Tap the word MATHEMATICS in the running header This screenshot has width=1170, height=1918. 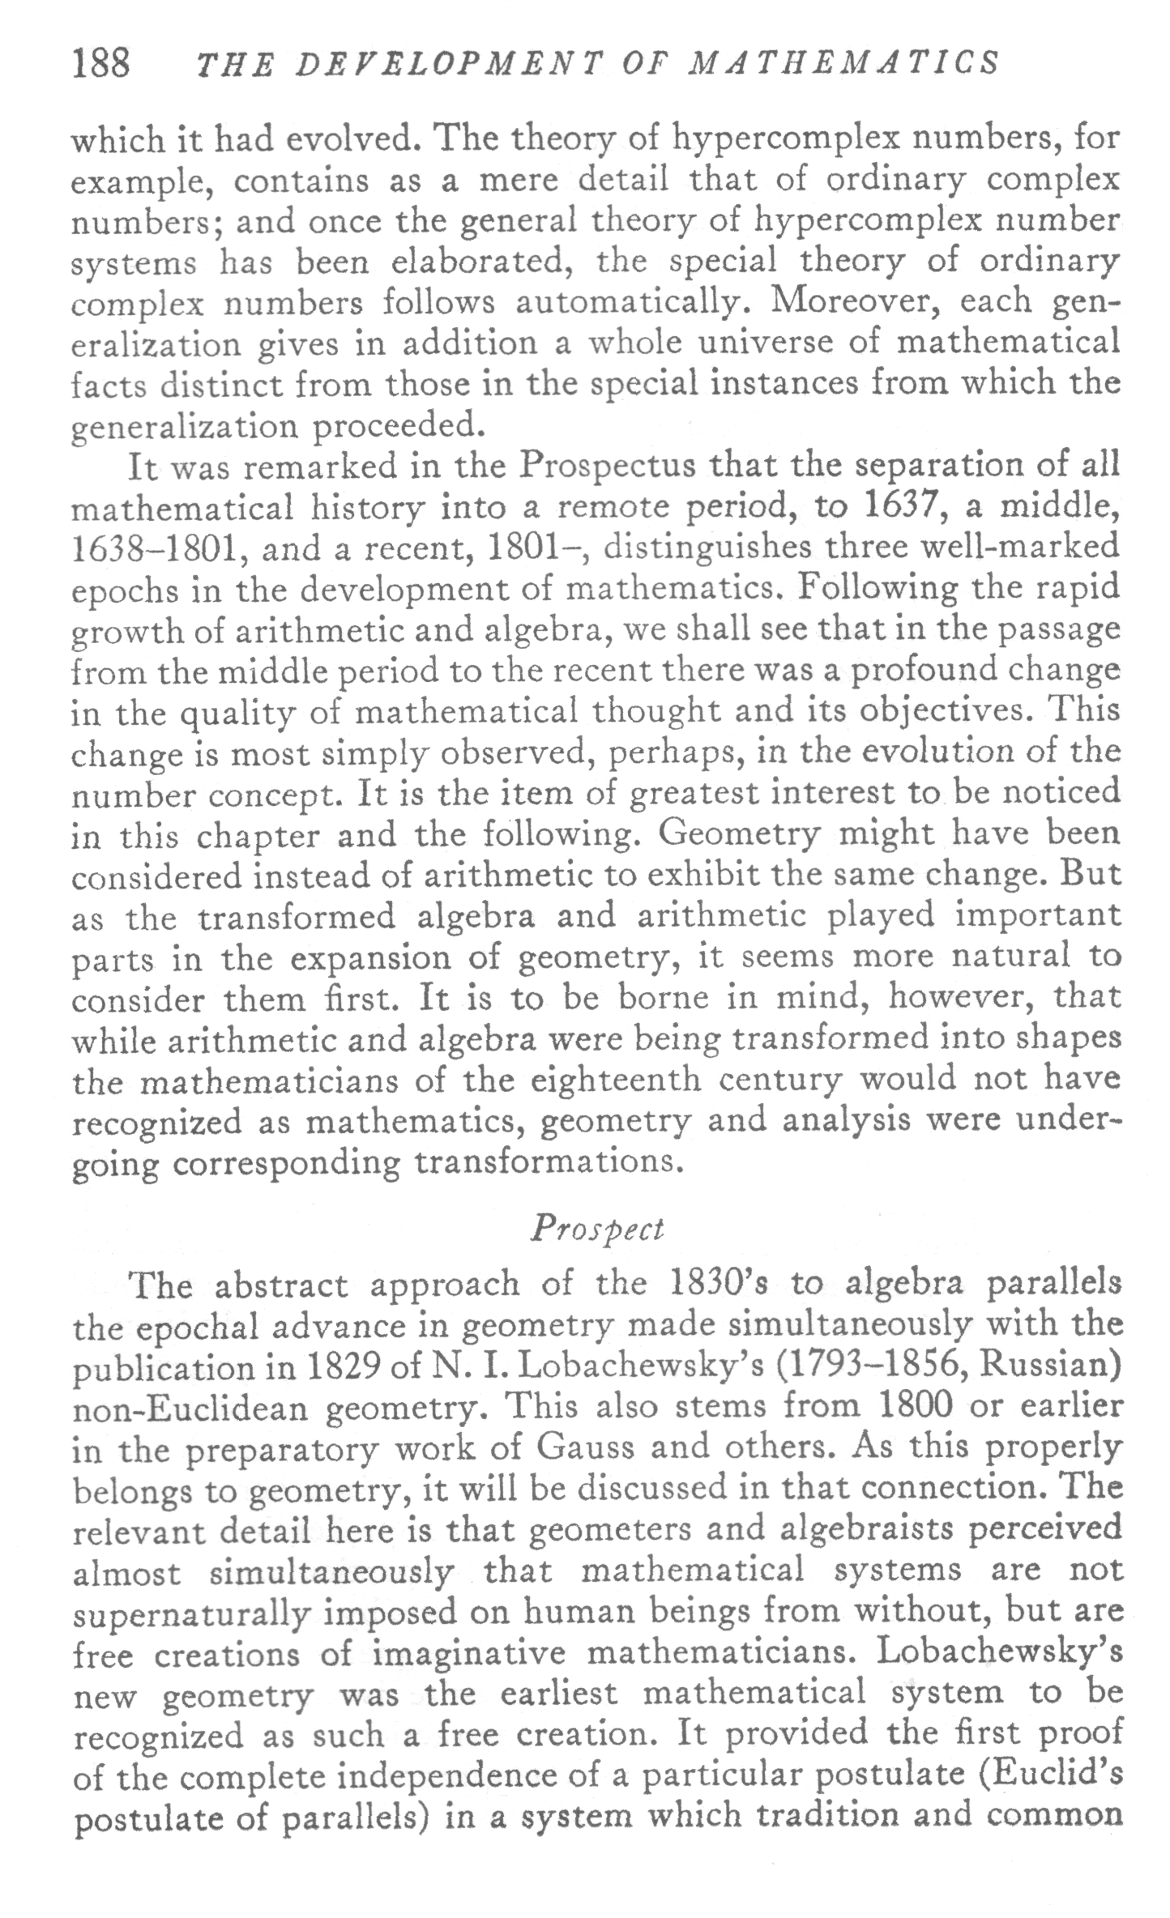point(843,64)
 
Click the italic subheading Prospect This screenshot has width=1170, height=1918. point(597,1230)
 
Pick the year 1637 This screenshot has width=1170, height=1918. point(904,507)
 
